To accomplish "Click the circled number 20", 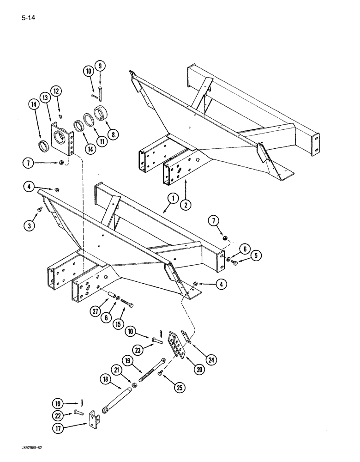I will click(x=199, y=369).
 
